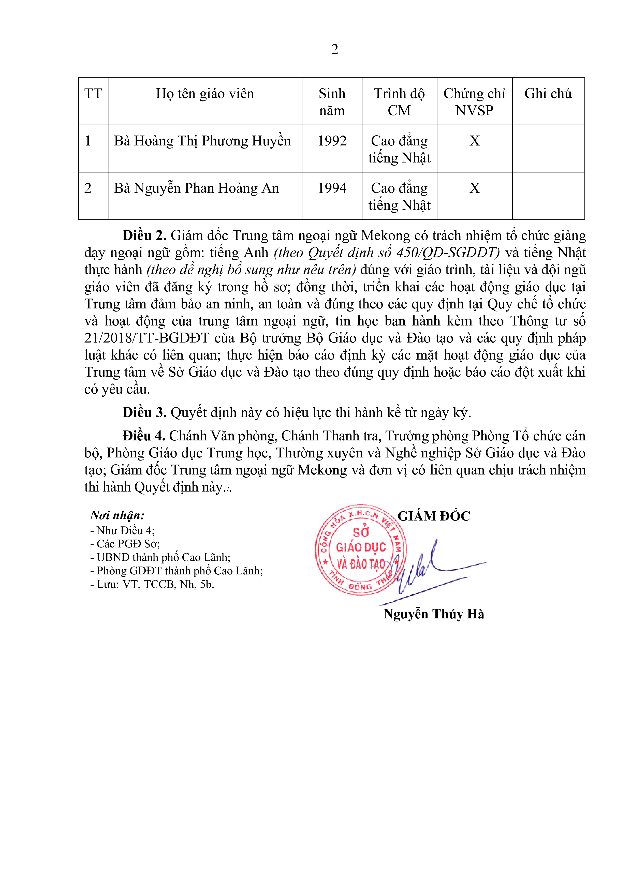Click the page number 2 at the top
(x=334, y=49)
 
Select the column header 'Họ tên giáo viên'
(x=205, y=94)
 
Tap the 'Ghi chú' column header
(x=548, y=94)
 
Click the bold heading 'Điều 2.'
(x=144, y=236)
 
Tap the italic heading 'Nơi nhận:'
(x=117, y=515)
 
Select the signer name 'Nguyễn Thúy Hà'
(x=434, y=614)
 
